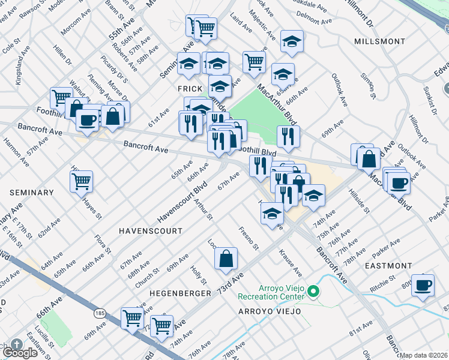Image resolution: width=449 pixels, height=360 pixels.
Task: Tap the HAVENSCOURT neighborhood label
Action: coord(150,230)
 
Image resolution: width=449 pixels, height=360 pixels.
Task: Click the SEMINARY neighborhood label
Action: coord(32,193)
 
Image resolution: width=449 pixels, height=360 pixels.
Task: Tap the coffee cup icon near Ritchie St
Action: coord(423,286)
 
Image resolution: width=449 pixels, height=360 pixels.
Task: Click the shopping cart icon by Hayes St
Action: coord(81,181)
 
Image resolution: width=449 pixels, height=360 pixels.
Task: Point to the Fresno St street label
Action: coord(248,238)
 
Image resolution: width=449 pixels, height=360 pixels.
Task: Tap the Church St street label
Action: coord(147,266)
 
